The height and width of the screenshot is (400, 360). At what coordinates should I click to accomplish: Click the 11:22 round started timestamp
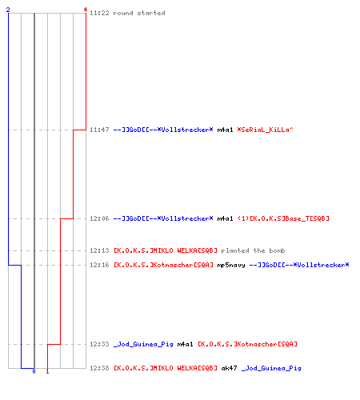pyautogui.click(x=99, y=13)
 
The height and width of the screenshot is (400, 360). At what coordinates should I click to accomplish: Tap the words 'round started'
pyautogui.click(x=139, y=13)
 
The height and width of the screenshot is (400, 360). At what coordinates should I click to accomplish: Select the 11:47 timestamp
pyautogui.click(x=99, y=130)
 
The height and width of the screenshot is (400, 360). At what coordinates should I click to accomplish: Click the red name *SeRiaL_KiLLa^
pyautogui.click(x=265, y=130)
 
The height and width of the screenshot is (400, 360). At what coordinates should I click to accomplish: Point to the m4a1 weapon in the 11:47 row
pyautogui.click(x=225, y=130)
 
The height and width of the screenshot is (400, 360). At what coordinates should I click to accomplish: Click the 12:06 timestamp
pyautogui.click(x=99, y=218)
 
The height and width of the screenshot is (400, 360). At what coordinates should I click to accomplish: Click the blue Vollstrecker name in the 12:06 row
pyautogui.click(x=163, y=218)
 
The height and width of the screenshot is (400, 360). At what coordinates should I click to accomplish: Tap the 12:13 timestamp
pyautogui.click(x=99, y=250)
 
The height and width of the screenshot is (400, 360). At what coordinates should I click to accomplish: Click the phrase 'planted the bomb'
pyautogui.click(x=253, y=250)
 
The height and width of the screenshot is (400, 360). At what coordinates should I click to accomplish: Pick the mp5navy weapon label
pyautogui.click(x=231, y=265)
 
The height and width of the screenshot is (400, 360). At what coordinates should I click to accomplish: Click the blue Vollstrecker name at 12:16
pyautogui.click(x=299, y=265)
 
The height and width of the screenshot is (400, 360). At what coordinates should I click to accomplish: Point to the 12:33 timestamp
pyautogui.click(x=99, y=344)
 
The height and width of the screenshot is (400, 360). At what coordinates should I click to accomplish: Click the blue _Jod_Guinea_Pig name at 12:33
pyautogui.click(x=143, y=344)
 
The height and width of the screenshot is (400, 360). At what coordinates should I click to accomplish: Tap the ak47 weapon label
pyautogui.click(x=229, y=368)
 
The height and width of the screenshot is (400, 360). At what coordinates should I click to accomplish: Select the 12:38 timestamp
pyautogui.click(x=99, y=368)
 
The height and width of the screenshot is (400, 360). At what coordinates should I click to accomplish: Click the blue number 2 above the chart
pyautogui.click(x=8, y=10)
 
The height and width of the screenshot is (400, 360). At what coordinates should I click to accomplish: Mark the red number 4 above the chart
pyautogui.click(x=86, y=10)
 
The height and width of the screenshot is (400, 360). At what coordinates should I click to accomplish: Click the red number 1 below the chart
pyautogui.click(x=47, y=371)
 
